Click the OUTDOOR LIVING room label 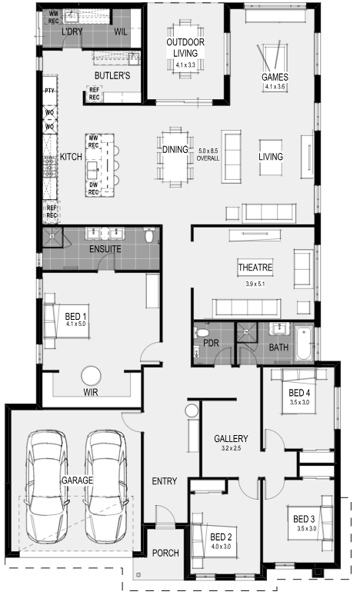coord(185,48)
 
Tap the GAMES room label coord(275,77)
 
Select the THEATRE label coord(255,268)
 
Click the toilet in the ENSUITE coord(149,236)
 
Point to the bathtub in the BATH coord(304,344)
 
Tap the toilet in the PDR coord(201,333)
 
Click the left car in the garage coord(47,487)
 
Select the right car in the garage coord(105,487)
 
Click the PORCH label coord(165,553)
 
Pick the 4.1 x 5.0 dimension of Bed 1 coord(75,324)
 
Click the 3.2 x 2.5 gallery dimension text coord(231,448)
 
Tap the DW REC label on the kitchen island coord(93,188)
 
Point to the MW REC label coord(93,142)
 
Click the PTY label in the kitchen coord(50,91)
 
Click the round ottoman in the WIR coord(91,376)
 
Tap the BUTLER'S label coord(112,75)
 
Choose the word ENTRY coord(165,481)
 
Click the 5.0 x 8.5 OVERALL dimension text coord(208,155)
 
